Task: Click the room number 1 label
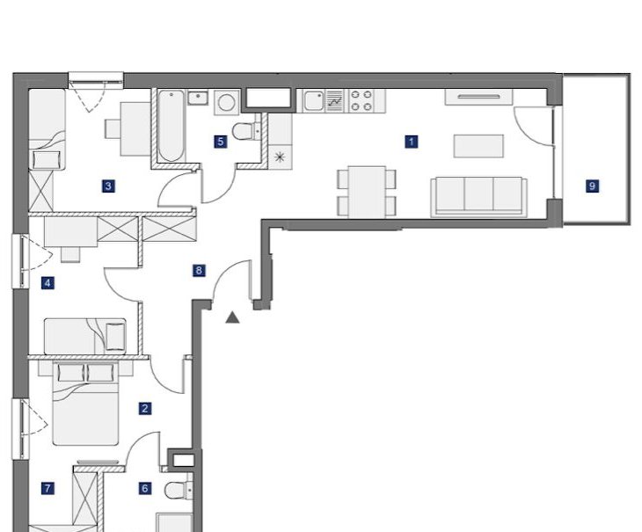[411, 142]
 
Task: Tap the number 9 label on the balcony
[592, 186]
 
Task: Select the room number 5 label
[220, 142]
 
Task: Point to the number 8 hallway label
[199, 270]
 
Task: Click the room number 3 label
[108, 186]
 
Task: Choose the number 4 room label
[47, 283]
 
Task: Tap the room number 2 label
[144, 408]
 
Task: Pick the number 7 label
[47, 488]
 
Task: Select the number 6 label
[144, 488]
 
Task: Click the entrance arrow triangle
[232, 317]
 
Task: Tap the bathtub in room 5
[171, 126]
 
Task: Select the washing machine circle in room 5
[226, 102]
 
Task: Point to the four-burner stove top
[361, 101]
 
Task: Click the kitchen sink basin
[314, 101]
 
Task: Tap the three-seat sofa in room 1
[478, 197]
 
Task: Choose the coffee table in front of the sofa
[478, 146]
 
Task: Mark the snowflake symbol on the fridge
[280, 157]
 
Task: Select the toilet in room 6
[179, 490]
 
